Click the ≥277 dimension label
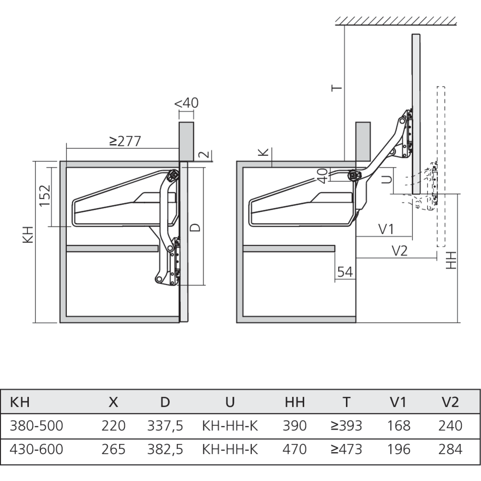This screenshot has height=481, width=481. (125, 141)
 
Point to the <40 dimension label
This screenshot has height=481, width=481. (186, 103)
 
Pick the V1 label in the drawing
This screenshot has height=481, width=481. (386, 229)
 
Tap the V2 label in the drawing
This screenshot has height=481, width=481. (400, 251)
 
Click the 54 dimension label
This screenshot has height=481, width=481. (345, 272)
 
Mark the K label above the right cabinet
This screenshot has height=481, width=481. (262, 152)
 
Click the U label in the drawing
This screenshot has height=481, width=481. (386, 179)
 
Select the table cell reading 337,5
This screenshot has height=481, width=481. (165, 426)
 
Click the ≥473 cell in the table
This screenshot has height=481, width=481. (346, 449)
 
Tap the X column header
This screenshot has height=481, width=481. (113, 402)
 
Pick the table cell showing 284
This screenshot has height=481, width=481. (450, 449)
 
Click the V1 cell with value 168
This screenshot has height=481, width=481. (399, 426)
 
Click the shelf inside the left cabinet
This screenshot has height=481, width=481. (113, 249)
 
